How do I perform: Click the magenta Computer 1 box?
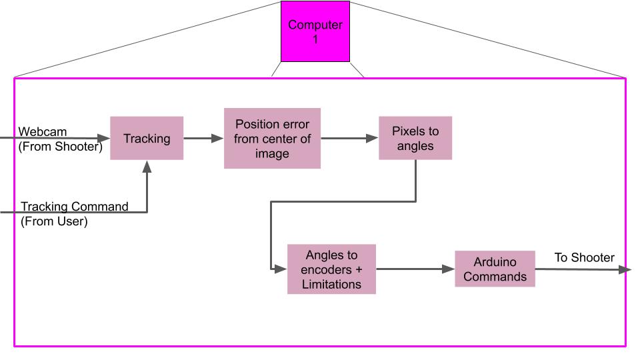(315, 31)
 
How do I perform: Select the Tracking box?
(147, 139)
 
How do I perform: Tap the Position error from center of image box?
(272, 138)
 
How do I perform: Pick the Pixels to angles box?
(415, 138)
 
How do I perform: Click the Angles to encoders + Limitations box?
(331, 269)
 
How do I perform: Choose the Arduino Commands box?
(495, 269)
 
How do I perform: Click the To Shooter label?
(584, 258)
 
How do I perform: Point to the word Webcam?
(43, 132)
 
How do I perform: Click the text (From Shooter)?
(60, 147)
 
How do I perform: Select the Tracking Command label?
(74, 207)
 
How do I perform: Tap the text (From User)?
(54, 221)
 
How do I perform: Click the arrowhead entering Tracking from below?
(147, 166)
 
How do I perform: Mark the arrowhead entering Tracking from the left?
(104, 139)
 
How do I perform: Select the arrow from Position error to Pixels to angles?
(349, 139)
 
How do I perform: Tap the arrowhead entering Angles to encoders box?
(281, 269)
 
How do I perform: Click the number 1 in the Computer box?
(315, 39)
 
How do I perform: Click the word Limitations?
(331, 284)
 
